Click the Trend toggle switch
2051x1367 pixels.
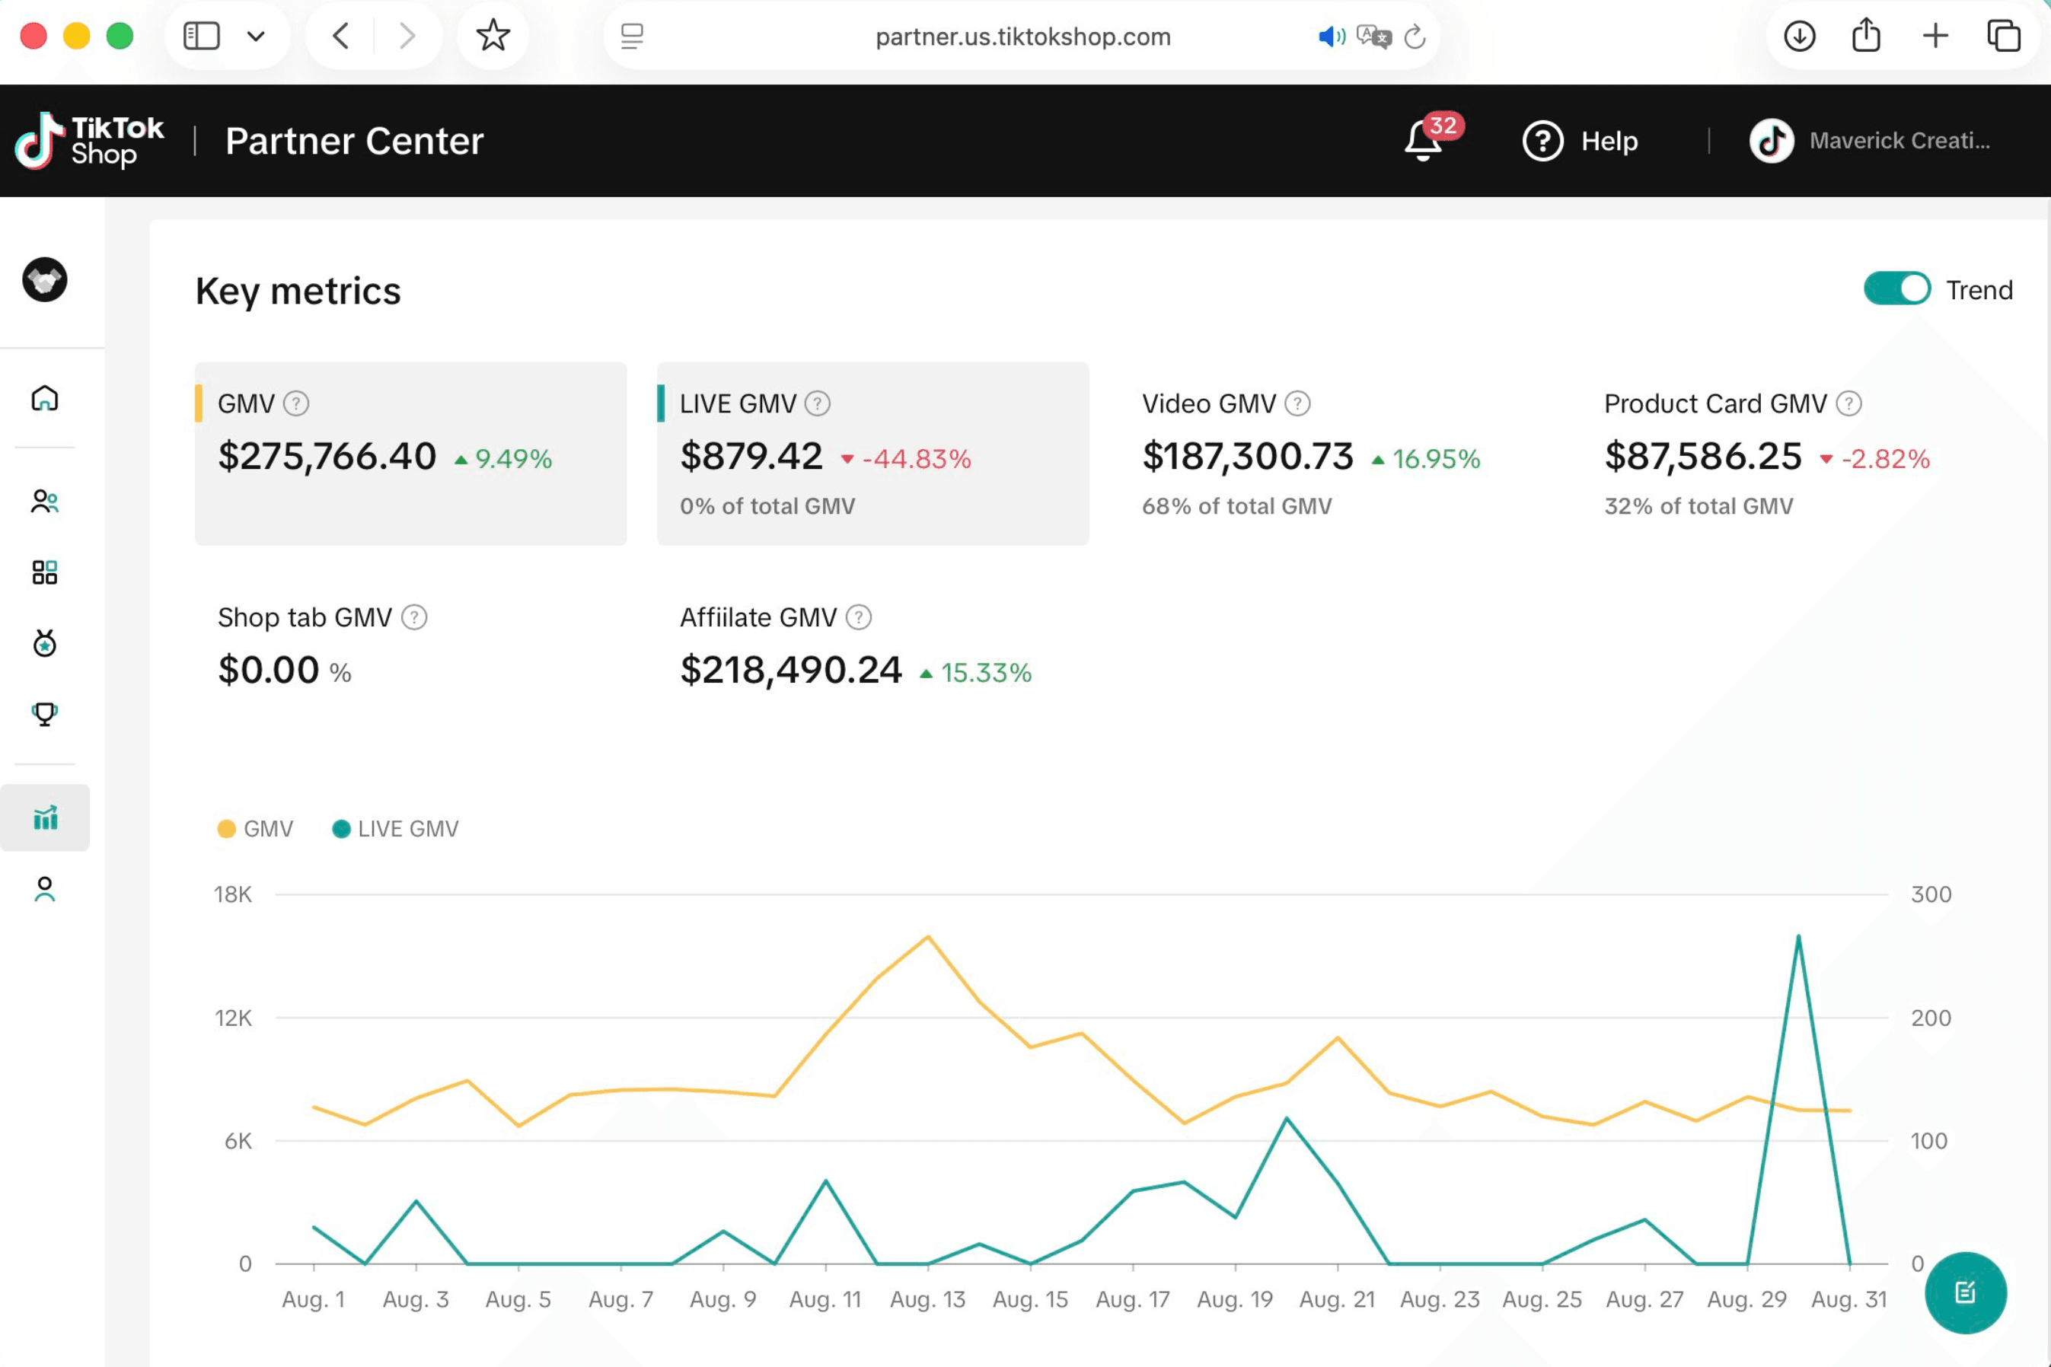point(1896,288)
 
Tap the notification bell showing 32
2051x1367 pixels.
point(1423,142)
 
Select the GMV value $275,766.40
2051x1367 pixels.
point(327,456)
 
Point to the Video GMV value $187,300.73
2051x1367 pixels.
point(1247,456)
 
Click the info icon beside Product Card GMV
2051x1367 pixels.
point(1848,403)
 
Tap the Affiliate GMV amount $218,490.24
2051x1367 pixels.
point(790,670)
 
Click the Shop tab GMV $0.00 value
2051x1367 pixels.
point(269,670)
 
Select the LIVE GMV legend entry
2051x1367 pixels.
point(397,828)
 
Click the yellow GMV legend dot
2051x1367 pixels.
point(227,828)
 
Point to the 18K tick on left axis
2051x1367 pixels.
point(233,894)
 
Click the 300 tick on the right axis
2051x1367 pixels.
point(1931,894)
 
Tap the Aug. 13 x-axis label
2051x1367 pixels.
point(927,1299)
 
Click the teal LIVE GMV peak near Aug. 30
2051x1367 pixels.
point(1798,937)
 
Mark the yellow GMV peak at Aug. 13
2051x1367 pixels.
point(929,937)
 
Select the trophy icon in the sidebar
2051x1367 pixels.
point(44,714)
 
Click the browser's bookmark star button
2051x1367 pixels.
point(493,36)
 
